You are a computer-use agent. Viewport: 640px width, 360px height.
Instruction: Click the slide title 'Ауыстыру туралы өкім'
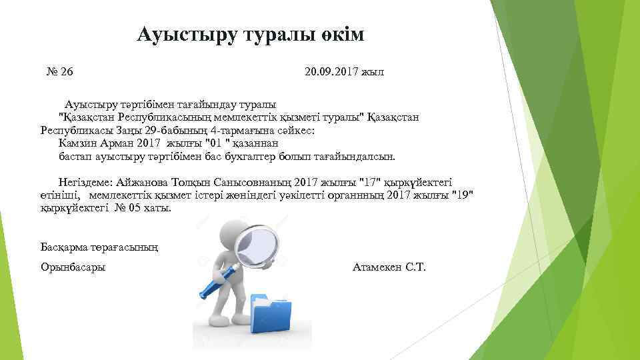click(251, 35)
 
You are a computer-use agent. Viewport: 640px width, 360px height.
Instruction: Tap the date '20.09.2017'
click(330, 71)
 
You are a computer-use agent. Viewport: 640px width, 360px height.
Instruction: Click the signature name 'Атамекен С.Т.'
click(387, 267)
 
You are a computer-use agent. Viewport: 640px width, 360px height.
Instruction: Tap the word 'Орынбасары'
click(73, 267)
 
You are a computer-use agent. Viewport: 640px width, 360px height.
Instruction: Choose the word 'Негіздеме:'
click(85, 181)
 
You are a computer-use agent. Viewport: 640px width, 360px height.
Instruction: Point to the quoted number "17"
click(368, 181)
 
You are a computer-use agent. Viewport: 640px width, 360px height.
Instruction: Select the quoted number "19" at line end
click(463, 195)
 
